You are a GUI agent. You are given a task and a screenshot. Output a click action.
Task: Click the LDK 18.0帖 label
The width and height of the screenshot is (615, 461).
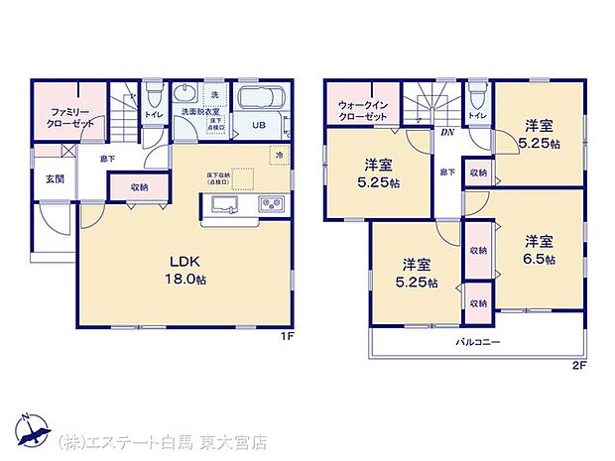pyautogui.click(x=184, y=269)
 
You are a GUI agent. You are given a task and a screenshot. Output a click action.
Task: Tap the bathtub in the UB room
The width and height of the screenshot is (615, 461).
pyautogui.click(x=261, y=100)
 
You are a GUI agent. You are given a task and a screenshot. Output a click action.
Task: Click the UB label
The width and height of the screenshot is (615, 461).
pyautogui.click(x=258, y=126)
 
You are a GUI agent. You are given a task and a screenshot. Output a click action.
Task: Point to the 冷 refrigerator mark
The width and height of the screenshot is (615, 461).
pyautogui.click(x=280, y=156)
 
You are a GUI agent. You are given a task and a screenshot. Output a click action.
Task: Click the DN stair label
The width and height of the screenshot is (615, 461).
pyautogui.click(x=447, y=132)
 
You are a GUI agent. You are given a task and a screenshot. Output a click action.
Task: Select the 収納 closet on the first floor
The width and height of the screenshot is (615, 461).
pyautogui.click(x=138, y=186)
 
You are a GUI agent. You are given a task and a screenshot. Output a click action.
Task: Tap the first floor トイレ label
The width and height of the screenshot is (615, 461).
pyautogui.click(x=153, y=115)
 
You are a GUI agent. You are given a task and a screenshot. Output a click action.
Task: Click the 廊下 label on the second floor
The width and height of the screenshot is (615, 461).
pyautogui.click(x=447, y=173)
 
